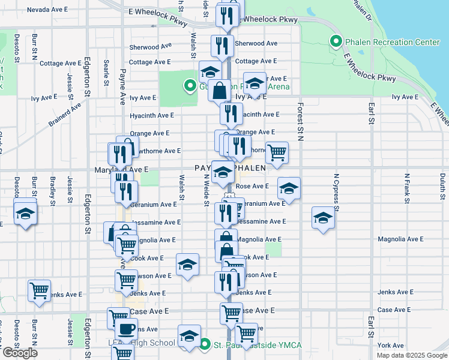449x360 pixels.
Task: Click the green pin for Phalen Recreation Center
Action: tap(336, 42)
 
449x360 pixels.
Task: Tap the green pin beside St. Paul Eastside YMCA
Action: tap(205, 344)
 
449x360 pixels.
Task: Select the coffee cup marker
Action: tap(126, 329)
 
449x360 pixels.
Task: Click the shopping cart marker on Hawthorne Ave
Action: tap(276, 152)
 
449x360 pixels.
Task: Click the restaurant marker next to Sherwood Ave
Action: tap(222, 45)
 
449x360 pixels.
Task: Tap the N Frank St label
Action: tap(407, 185)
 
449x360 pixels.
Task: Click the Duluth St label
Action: tap(442, 191)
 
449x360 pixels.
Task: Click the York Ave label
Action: tap(391, 345)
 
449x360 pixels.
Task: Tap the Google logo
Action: tap(20, 353)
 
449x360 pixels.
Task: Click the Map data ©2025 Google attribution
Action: tap(411, 355)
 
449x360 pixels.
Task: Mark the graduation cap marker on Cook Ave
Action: tap(187, 265)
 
